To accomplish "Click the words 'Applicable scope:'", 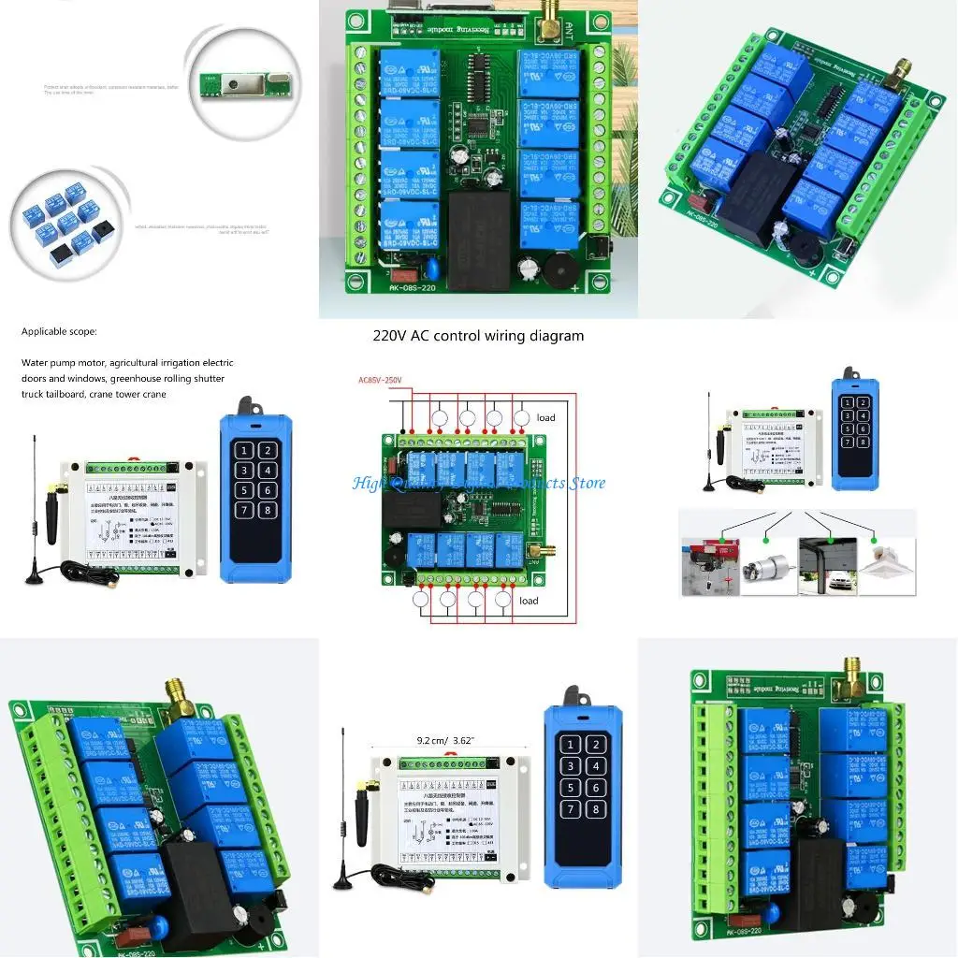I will tap(59, 331).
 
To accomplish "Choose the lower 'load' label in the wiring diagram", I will tap(529, 601).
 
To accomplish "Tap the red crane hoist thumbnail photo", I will tap(710, 565).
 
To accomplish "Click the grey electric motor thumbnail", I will tap(769, 565).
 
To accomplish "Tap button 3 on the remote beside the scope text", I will tap(244, 470).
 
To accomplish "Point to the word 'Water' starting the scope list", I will tap(36, 363).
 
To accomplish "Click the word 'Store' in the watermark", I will tap(587, 484).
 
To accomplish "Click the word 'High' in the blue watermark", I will tap(368, 484).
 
